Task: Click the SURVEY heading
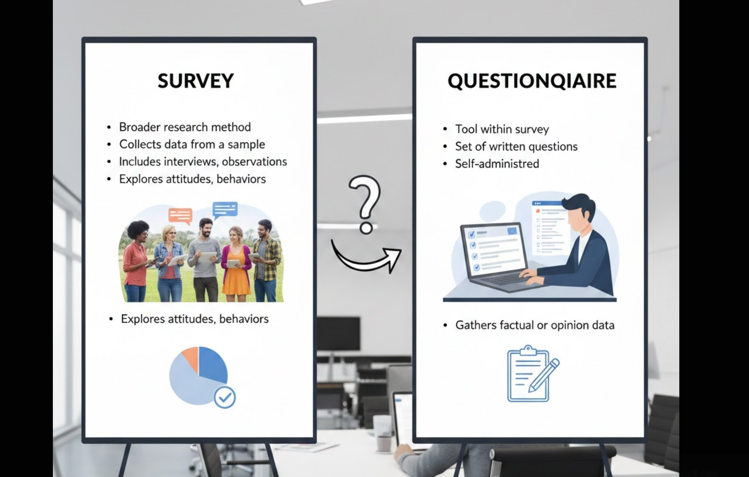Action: [195, 81]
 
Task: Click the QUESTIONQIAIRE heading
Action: [532, 81]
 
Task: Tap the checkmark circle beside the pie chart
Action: [224, 397]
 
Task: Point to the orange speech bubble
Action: [180, 215]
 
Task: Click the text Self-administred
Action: [497, 164]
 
